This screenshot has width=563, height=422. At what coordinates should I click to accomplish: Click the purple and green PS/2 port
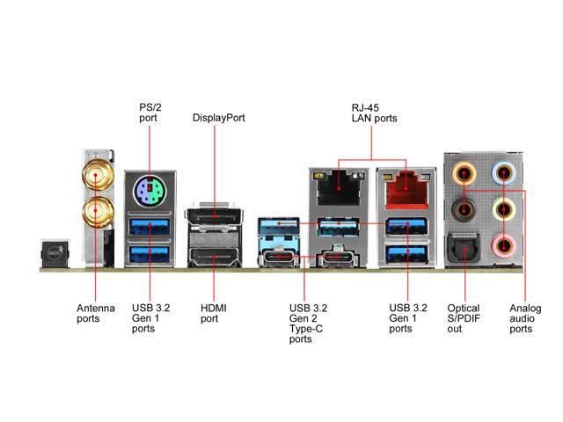[x=150, y=191]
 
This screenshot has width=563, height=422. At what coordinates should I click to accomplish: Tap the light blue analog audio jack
[x=503, y=172]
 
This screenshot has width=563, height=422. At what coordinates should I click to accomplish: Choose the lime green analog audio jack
[x=503, y=209]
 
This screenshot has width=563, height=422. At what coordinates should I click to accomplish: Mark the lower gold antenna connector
[x=92, y=211]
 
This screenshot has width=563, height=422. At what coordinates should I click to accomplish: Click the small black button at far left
[x=54, y=254]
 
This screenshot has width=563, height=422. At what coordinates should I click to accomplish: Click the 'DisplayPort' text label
[x=218, y=118]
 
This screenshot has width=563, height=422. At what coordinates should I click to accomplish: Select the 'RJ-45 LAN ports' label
[x=374, y=113]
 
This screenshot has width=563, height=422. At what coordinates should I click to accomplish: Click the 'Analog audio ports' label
[x=524, y=318]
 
